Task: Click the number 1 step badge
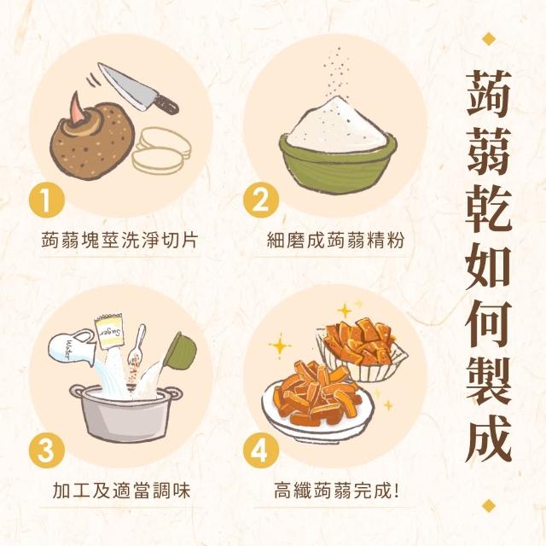(x=46, y=200)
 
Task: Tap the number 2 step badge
(x=261, y=200)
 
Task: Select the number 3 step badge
(x=46, y=450)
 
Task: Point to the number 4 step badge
(x=261, y=450)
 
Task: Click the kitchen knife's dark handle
(x=166, y=103)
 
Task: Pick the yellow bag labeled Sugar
(x=108, y=332)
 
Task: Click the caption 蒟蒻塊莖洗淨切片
(x=119, y=240)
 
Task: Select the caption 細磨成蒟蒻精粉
(x=335, y=240)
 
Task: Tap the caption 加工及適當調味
(x=121, y=491)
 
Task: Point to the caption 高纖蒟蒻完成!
(x=336, y=491)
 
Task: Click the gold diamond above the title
(x=489, y=38)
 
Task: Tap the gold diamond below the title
(x=489, y=505)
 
